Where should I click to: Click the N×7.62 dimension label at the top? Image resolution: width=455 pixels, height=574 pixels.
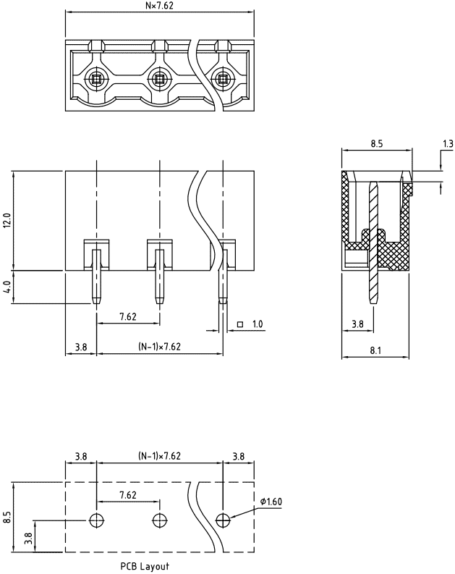159,6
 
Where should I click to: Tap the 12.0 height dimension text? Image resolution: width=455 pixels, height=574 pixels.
8,220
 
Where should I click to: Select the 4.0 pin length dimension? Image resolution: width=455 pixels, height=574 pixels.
8,287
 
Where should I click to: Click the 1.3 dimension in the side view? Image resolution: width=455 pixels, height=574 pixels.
448,143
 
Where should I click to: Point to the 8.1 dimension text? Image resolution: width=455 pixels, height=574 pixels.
375,350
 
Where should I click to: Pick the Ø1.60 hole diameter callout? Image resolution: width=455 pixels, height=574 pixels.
271,501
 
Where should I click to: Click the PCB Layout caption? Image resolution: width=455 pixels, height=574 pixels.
145,566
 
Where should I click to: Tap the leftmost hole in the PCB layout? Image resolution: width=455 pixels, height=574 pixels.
96,520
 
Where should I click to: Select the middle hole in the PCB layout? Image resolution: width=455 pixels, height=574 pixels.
159,520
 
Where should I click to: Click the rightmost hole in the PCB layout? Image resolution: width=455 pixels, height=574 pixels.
223,520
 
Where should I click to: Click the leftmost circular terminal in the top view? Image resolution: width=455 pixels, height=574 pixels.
96,78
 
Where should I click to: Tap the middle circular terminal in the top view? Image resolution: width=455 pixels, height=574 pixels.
159,78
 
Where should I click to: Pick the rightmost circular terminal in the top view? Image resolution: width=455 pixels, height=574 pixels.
222,78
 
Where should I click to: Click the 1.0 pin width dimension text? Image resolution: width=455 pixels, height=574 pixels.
258,324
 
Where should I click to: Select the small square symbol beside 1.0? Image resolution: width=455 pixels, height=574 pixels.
240,324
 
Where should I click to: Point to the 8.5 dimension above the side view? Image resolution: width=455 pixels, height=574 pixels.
376,143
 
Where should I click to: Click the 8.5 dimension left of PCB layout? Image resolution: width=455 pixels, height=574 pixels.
8,518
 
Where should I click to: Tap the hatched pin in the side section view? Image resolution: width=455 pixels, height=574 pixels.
373,242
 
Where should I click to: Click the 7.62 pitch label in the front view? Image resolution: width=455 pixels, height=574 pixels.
128,316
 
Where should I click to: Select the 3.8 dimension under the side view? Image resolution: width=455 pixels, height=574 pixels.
358,324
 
